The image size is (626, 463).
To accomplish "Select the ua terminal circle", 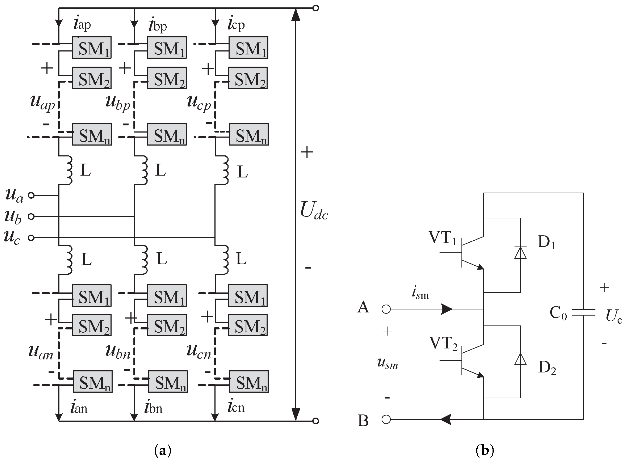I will pyautogui.click(x=31, y=195).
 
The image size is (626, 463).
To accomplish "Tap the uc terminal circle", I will pyautogui.click(x=31, y=238).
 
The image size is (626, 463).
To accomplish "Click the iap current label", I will pyautogui.click(x=82, y=24).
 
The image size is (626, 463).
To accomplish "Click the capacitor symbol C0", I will pyautogui.click(x=583, y=312).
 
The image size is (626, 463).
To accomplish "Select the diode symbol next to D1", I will pyautogui.click(x=520, y=253).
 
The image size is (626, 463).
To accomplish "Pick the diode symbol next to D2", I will pyautogui.click(x=520, y=359).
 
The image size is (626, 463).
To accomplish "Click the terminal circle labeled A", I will pyautogui.click(x=386, y=309).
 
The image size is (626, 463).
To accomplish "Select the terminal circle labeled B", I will pyautogui.click(x=386, y=420).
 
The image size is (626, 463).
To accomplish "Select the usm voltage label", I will pyautogui.click(x=387, y=363).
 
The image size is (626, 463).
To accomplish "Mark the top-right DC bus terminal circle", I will pyautogui.click(x=315, y=8).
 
